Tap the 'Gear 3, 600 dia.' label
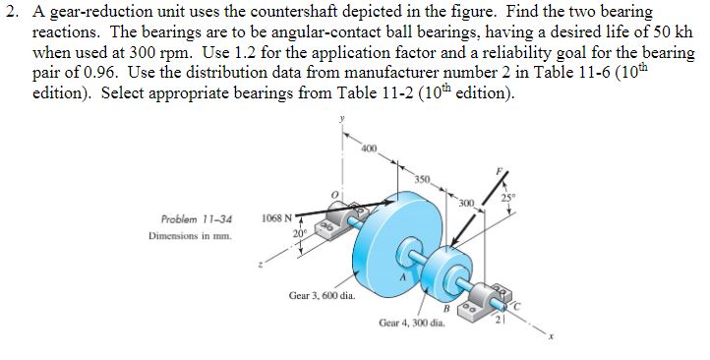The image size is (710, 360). (x=322, y=294)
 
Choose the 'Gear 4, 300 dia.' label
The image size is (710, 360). (x=411, y=324)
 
